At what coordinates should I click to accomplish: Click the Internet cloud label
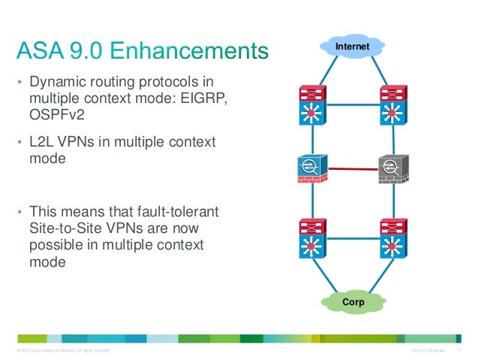[352, 47]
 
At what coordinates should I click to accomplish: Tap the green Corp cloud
[353, 302]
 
